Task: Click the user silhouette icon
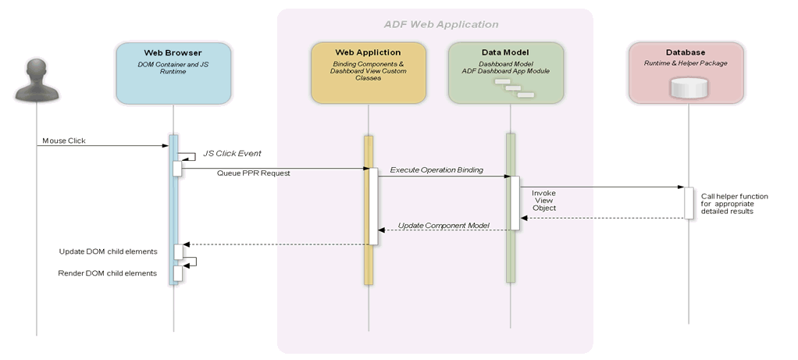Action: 36,76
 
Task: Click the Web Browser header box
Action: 173,73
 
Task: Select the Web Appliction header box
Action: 368,73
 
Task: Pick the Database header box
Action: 686,73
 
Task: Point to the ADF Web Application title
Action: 441,24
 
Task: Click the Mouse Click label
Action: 65,141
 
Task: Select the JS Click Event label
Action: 232,153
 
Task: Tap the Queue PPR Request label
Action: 253,173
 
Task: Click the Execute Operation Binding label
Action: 436,169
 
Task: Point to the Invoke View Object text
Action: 544,200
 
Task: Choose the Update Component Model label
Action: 443,225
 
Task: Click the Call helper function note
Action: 734,203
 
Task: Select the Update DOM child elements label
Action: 109,251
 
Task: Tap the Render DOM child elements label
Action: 108,273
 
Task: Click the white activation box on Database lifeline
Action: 689,203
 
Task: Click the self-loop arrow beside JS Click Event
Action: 189,156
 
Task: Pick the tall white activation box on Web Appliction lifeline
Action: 373,206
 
